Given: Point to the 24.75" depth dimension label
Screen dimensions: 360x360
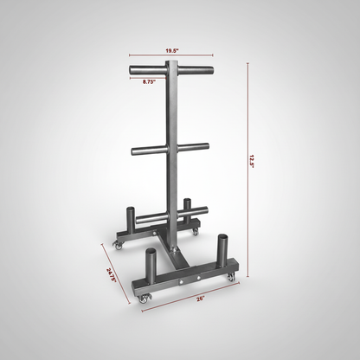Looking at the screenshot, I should click(111, 274).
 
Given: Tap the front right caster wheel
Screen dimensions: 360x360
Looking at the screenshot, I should click(229, 278).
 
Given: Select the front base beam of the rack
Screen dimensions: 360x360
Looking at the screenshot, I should click(182, 277).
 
